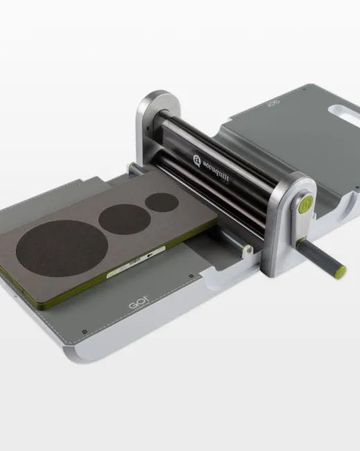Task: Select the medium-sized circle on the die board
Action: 125,220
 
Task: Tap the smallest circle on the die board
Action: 162,202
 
